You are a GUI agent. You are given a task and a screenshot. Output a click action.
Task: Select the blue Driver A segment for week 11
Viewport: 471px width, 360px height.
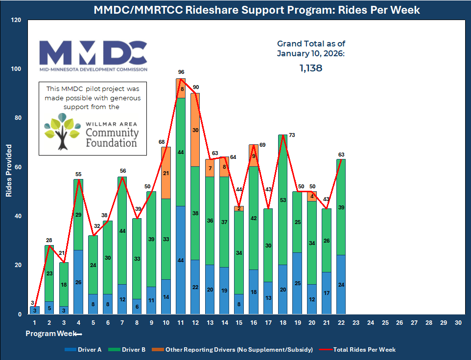tap(181, 260)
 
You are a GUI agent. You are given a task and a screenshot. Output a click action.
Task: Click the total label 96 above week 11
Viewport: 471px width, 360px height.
tap(181, 72)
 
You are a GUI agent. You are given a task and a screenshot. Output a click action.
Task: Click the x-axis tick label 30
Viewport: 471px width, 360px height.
tap(457, 323)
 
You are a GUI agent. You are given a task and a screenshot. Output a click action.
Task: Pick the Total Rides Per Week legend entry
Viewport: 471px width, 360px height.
tap(357, 349)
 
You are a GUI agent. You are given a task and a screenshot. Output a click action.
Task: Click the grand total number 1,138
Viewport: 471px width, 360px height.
tap(311, 68)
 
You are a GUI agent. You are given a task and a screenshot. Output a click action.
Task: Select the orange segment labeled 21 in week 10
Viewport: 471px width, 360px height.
tap(166, 173)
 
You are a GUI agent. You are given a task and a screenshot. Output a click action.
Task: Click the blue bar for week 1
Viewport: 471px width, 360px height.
tap(35, 310)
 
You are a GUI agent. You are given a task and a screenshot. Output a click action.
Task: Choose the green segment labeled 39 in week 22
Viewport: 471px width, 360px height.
tap(340, 207)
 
